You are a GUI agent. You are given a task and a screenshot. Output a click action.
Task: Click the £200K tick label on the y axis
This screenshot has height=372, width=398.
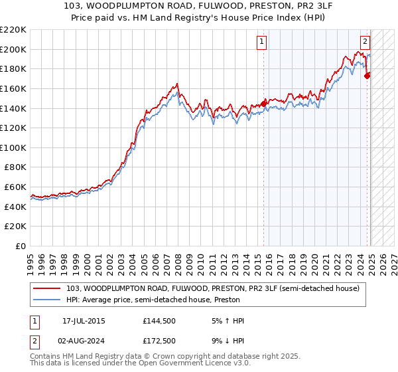[13, 49]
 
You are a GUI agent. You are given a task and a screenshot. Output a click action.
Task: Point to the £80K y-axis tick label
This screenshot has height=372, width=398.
[15, 167]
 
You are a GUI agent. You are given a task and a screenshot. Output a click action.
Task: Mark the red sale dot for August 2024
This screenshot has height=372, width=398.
[367, 75]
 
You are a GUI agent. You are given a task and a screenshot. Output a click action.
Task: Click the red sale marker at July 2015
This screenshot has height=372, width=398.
[263, 103]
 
